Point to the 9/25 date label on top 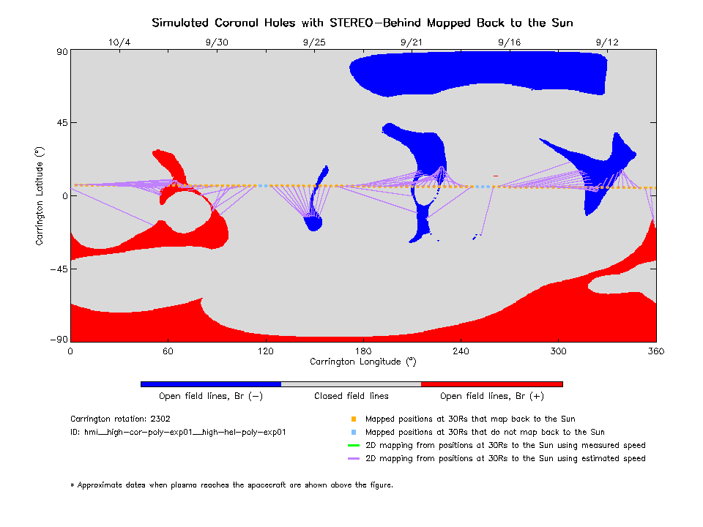[x=313, y=42]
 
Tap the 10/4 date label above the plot [x=119, y=42]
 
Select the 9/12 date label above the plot [x=607, y=42]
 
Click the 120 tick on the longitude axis [x=265, y=351]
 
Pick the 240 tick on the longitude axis [x=461, y=351]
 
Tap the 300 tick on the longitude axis [x=559, y=351]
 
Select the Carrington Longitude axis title [x=363, y=362]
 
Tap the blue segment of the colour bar [x=211, y=384]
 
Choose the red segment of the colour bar [x=492, y=384]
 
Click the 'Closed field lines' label [x=351, y=396]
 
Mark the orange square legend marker [x=353, y=419]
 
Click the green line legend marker [x=353, y=445]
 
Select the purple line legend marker [x=353, y=458]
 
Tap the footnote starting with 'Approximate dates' [x=232, y=485]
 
